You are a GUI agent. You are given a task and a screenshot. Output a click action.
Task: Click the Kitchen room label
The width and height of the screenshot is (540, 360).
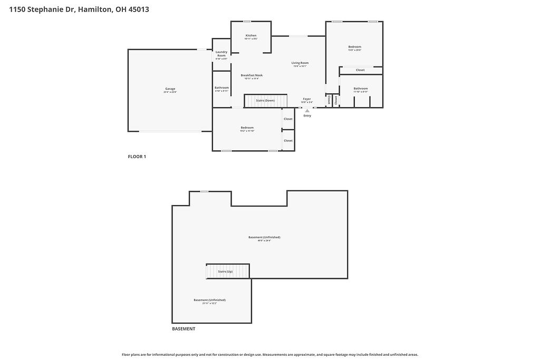(250, 35)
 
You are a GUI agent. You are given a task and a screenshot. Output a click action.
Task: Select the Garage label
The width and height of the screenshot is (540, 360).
(170, 89)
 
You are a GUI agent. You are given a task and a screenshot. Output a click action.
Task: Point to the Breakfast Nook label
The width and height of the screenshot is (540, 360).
(252, 75)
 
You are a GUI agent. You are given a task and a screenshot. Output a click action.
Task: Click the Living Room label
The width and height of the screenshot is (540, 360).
(300, 63)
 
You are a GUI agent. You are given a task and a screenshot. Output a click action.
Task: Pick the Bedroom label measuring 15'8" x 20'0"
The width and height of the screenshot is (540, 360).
(354, 47)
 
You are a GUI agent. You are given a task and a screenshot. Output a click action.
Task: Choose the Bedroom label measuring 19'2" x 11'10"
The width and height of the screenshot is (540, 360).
(247, 128)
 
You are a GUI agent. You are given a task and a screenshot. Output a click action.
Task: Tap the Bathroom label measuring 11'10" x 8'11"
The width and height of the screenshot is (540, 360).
(361, 89)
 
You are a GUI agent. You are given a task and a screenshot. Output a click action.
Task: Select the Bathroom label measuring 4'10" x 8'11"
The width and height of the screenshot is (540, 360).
(221, 87)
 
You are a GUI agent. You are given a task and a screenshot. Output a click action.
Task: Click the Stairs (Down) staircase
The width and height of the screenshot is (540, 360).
(265, 100)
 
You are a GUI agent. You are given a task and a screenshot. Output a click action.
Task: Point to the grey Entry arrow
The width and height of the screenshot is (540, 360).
(307, 110)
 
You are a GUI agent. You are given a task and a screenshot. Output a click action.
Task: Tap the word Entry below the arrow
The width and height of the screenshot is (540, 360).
(307, 115)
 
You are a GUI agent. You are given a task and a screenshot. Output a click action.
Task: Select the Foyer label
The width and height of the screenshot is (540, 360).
(307, 99)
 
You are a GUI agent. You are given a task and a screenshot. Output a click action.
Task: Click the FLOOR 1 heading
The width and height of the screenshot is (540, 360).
(137, 157)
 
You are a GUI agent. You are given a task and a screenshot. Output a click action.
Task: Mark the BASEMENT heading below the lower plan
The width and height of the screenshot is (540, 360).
(184, 329)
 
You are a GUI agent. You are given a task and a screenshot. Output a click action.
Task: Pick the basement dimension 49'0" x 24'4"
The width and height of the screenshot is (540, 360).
(264, 241)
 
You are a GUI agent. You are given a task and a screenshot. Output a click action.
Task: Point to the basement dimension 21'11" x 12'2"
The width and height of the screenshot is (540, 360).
(209, 304)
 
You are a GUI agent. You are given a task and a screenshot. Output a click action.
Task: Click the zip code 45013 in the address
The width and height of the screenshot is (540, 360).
(138, 9)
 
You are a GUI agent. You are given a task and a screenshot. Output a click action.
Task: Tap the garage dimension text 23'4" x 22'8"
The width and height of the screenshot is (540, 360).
(170, 92)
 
